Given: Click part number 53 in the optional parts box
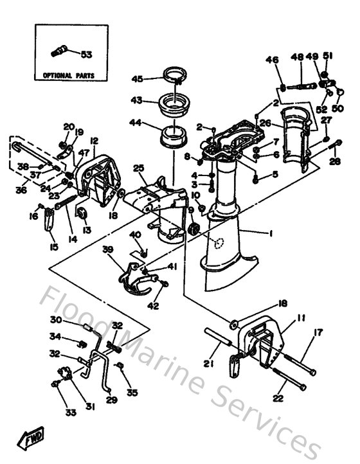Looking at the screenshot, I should pos(86,55).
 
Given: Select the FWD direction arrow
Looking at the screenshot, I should pos(32,440).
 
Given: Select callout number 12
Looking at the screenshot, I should pos(94,141).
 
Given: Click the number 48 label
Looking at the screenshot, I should pos(297,58).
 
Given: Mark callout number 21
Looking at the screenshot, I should pos(208,364).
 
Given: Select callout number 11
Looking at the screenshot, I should pos(301,317).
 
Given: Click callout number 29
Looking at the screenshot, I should pos(111,400).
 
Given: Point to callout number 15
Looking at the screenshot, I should pos(53,247).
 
